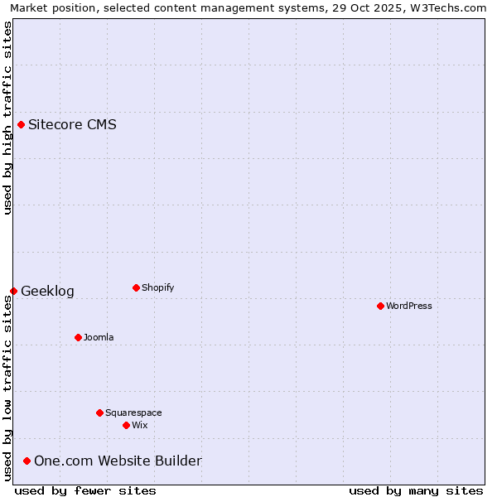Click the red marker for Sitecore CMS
click(x=21, y=125)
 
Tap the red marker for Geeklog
click(x=13, y=291)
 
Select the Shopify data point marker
click(x=136, y=287)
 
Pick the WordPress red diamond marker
click(x=380, y=306)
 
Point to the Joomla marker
click(x=78, y=337)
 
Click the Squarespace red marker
click(x=99, y=413)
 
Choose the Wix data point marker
click(x=126, y=425)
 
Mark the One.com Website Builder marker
click(x=27, y=461)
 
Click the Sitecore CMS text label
click(x=72, y=125)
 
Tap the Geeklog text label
click(x=47, y=291)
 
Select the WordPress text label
click(x=409, y=306)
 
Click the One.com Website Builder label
click(x=118, y=461)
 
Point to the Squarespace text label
click(x=133, y=413)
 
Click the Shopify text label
click(x=157, y=287)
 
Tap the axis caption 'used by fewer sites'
click(x=85, y=490)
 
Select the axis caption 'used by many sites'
click(x=416, y=490)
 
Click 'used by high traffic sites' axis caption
click(x=7, y=118)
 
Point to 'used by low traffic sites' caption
click(x=7, y=388)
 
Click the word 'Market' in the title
click(x=29, y=7)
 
